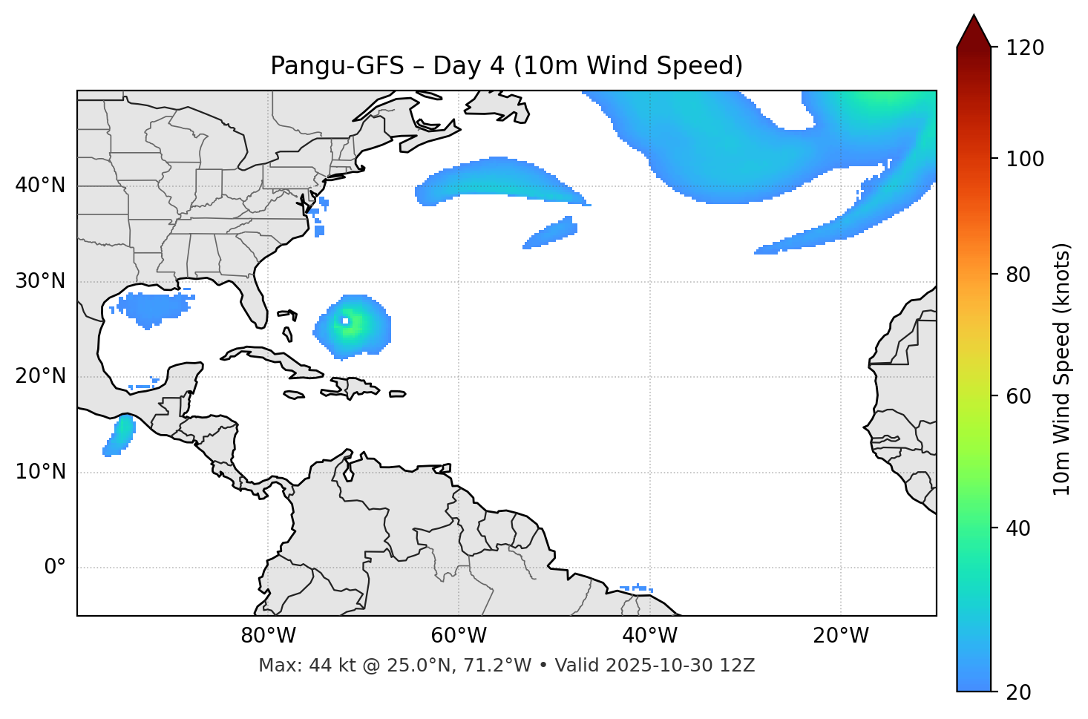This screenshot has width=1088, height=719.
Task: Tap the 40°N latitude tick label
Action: point(40,186)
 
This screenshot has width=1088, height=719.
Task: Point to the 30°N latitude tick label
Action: point(40,281)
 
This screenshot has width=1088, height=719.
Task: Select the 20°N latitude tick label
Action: point(40,376)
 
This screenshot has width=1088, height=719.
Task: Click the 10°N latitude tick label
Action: point(40,472)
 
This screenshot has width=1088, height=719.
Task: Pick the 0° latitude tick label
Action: point(54,568)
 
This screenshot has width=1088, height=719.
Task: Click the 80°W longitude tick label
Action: point(268,636)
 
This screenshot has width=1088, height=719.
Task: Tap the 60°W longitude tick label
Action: point(459,636)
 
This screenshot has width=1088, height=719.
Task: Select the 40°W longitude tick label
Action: point(649,636)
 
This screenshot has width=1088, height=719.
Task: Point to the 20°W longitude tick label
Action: point(840,636)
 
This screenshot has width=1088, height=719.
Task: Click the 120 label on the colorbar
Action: point(1026,47)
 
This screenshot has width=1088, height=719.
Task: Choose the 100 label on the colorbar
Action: point(1026,159)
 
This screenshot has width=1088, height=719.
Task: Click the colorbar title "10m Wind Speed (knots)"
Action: point(1062,369)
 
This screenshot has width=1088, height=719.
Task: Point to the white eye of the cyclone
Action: point(345,321)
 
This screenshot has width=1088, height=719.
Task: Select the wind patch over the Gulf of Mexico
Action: point(152,306)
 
